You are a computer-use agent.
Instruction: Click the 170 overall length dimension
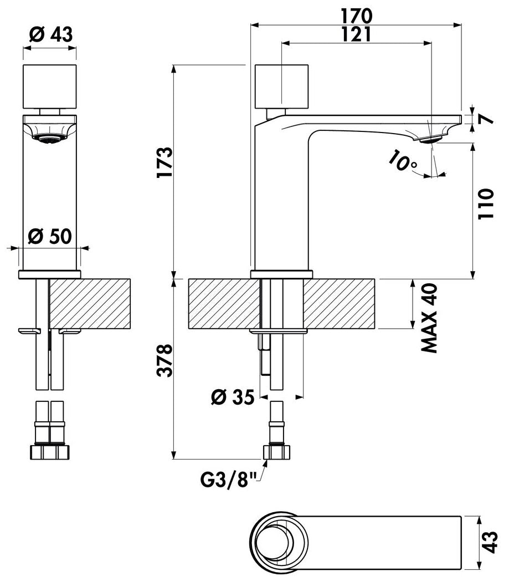pos(356,16)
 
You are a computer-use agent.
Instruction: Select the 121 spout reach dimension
pos(356,34)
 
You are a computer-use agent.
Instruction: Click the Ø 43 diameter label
pos(51,34)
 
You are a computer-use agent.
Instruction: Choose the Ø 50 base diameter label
pos(50,236)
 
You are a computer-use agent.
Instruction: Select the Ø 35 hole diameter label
pos(233,397)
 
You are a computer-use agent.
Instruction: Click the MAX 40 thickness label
pos(429,318)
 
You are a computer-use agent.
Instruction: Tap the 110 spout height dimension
pos(486,204)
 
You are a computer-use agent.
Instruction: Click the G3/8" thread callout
pos(228,480)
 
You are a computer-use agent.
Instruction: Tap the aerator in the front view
pos(49,138)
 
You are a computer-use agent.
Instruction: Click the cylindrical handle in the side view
pos(282,86)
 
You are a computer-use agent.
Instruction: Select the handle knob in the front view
pos(50,86)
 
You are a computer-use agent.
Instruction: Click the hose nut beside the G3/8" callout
pos(276,452)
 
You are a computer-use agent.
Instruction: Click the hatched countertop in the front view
pos(282,304)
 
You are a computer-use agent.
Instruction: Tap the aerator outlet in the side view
pos(431,140)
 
